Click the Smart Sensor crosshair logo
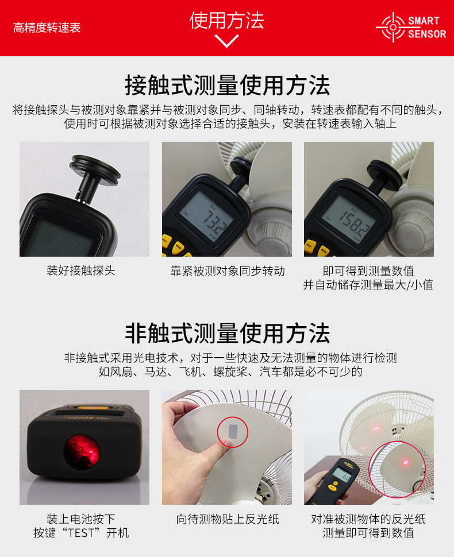393,27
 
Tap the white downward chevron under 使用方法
226,41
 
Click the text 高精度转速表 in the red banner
47,28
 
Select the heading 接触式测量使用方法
227,85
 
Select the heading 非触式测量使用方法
227,333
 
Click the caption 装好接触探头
81,270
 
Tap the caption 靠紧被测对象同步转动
228,271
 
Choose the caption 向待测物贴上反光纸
228,519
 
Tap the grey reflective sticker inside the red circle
233,431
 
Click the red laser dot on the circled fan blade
405,462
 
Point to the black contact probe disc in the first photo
95,170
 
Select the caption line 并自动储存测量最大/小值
368,285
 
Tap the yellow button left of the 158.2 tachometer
310,246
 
